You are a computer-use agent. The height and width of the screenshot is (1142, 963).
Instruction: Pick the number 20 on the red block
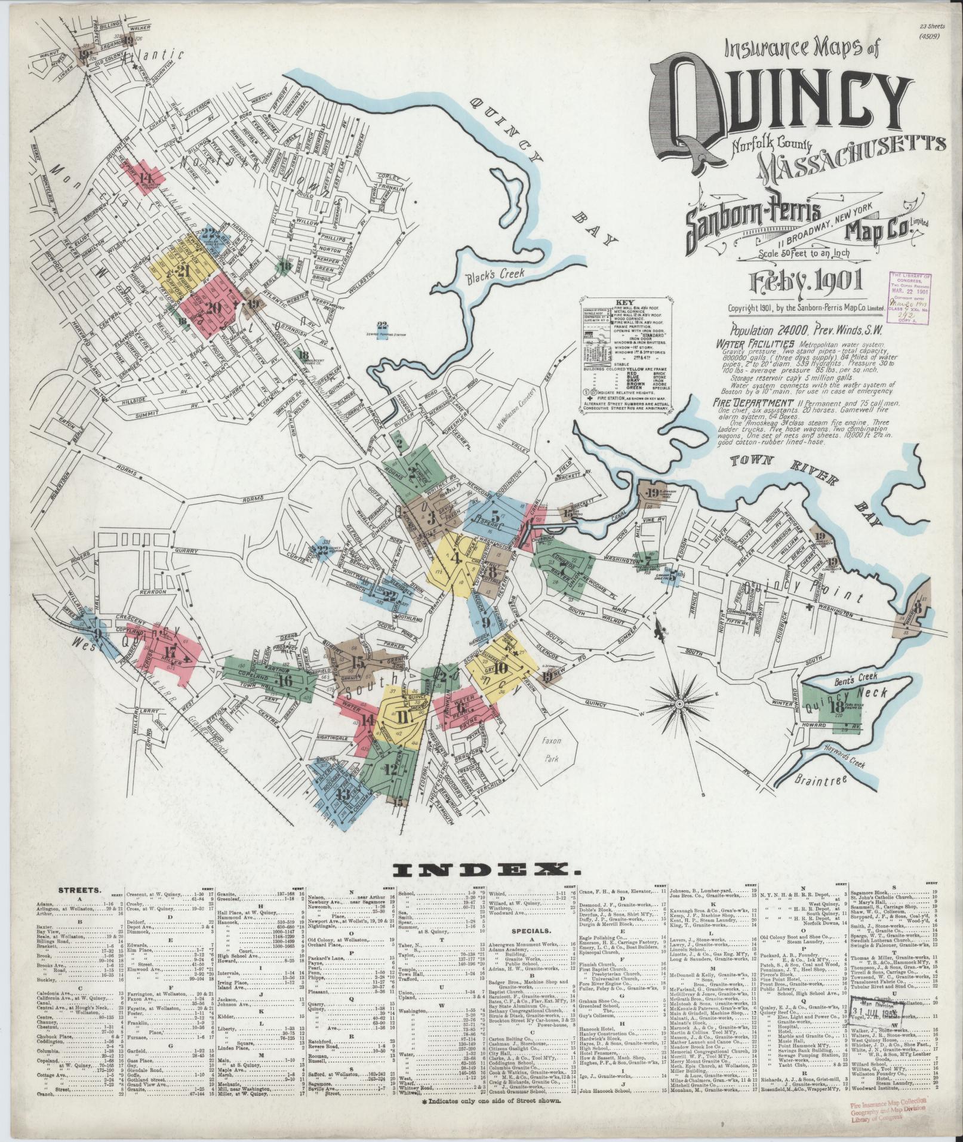pyautogui.click(x=213, y=308)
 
